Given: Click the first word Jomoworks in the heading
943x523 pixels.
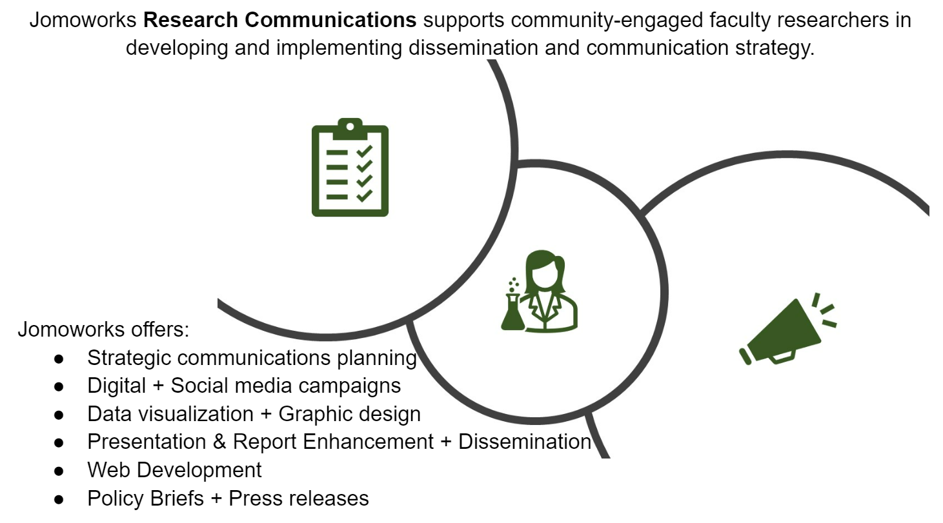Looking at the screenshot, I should coord(83,20).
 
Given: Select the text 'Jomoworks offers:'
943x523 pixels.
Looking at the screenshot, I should coord(103,330).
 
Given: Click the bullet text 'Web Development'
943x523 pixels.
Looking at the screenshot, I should coord(174,470).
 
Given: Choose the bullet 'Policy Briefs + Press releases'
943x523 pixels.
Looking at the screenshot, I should coord(228,498).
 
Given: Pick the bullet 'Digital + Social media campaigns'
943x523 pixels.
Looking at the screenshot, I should coord(244,386).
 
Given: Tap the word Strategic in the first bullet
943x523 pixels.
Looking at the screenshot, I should coord(132,357).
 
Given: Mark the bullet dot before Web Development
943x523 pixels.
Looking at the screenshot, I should coord(59,471).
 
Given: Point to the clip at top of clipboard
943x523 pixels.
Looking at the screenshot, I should coord(350,125).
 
